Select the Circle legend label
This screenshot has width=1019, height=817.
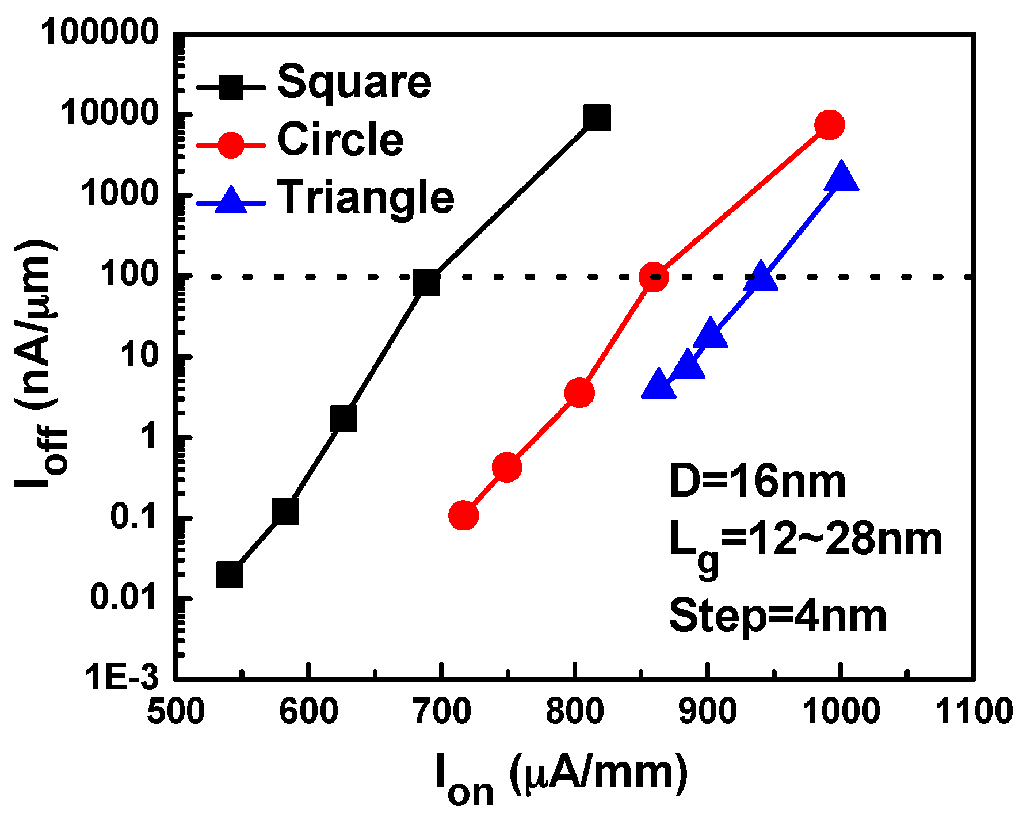click(341, 140)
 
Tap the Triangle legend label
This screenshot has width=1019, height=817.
click(366, 197)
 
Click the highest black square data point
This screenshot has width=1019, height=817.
click(597, 118)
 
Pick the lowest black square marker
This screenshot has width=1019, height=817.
click(230, 574)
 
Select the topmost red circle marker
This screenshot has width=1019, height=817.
click(829, 125)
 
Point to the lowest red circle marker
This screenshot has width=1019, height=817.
click(463, 515)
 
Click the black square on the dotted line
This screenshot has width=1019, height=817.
click(426, 282)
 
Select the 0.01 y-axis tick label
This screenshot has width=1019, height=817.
click(123, 598)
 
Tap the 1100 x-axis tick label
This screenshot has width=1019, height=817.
click(975, 712)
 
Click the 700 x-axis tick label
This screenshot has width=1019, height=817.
click(442, 712)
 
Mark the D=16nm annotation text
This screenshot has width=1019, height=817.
click(757, 482)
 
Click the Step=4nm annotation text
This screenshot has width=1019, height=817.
click(777, 616)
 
